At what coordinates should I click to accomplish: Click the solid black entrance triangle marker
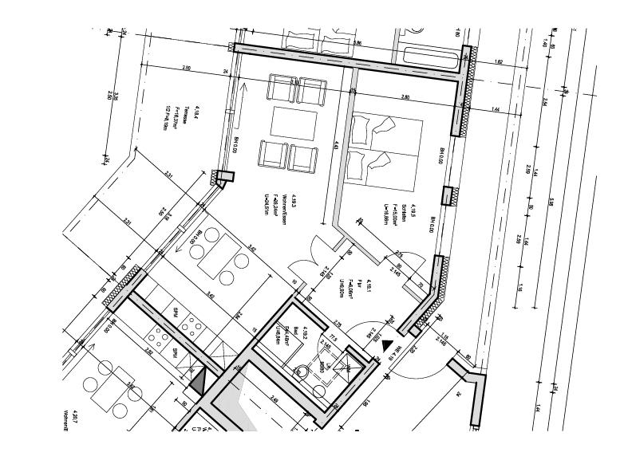[x=389, y=346]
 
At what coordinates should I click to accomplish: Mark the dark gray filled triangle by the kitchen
[x=198, y=382]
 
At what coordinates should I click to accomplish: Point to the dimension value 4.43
[x=337, y=146]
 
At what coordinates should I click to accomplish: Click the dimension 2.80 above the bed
[x=405, y=96]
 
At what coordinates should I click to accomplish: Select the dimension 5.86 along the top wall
[x=357, y=43]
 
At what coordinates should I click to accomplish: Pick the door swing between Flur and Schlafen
[x=407, y=268]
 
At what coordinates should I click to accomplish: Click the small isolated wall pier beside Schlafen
[x=450, y=196]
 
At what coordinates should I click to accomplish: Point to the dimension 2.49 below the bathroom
[x=274, y=399]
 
